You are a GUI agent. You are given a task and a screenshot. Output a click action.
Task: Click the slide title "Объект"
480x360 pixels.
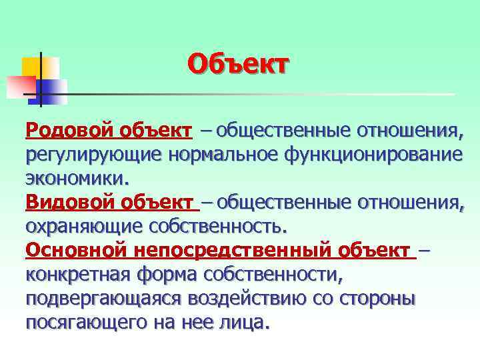(239, 65)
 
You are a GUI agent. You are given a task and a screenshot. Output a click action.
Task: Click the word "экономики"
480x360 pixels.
(75, 178)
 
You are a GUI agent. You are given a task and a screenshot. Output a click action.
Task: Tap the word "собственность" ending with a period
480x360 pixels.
(220, 227)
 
